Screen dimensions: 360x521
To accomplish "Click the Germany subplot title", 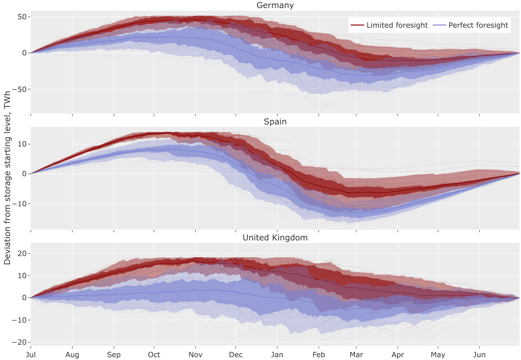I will (275, 6).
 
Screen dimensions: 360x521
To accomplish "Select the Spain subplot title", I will (275, 122).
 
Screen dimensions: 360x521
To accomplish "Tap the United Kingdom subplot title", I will (275, 238).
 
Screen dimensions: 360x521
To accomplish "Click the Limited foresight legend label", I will (397, 25).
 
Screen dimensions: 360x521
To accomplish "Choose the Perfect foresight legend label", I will (478, 25).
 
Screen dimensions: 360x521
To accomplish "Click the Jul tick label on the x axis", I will (31, 355).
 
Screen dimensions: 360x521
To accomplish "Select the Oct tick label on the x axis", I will (154, 355).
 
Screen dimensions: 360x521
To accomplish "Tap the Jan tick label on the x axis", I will (277, 355).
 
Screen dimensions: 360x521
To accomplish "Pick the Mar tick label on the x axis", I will (357, 355).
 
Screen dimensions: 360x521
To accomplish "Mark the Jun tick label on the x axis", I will (480, 355).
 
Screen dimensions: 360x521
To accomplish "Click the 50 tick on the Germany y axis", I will (22, 17).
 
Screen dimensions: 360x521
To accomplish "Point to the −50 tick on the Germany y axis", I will (19, 89).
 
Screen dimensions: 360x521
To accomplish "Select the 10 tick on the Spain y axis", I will (22, 144).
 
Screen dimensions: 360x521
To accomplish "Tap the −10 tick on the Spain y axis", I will (19, 203).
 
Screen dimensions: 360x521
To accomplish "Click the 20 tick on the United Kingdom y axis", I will (22, 254).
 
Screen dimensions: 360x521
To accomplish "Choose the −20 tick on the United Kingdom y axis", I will (19, 342).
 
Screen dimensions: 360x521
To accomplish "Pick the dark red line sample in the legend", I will (357, 25).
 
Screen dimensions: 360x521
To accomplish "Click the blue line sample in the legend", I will (440, 25).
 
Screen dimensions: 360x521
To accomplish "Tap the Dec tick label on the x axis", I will (236, 355).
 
